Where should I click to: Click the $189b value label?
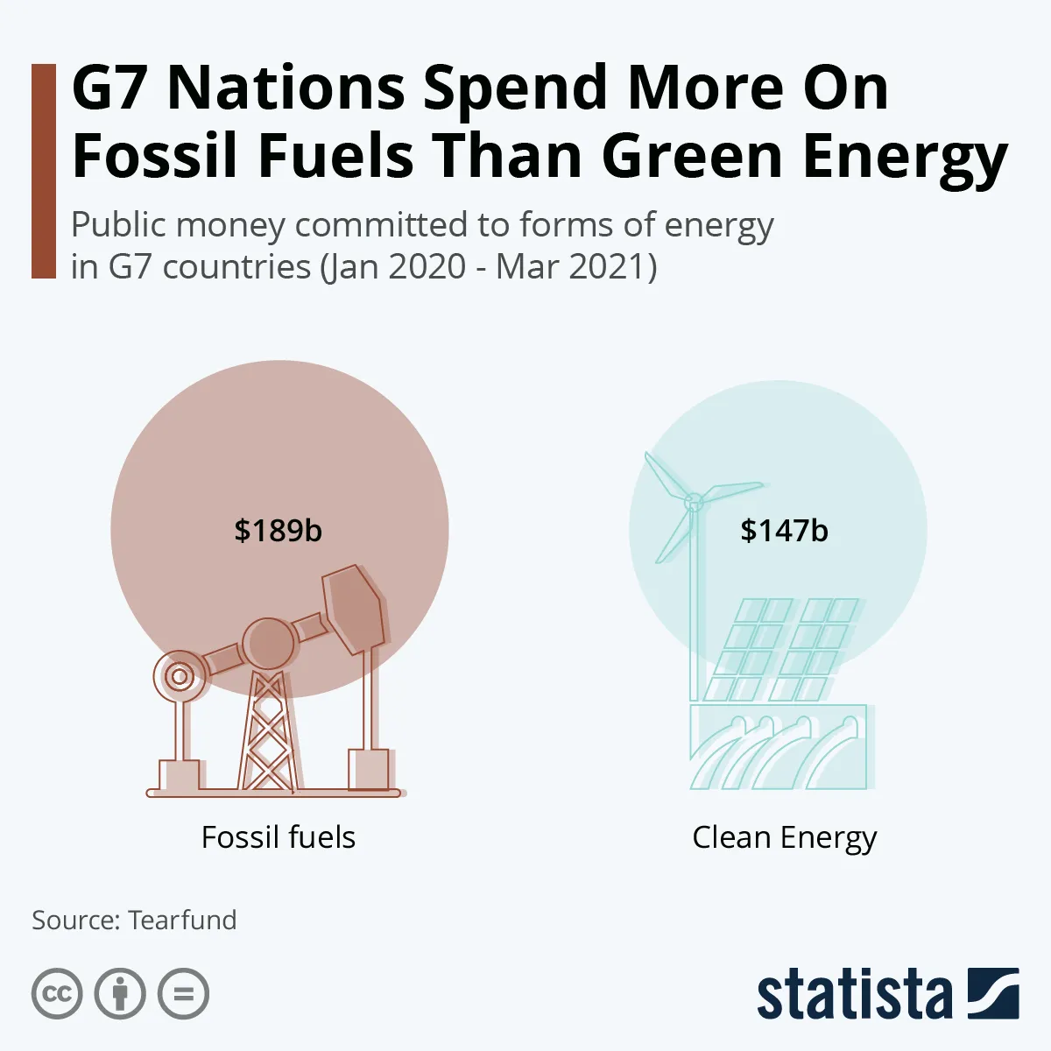(278, 531)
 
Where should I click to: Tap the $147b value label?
(784, 531)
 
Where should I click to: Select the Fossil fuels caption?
(279, 837)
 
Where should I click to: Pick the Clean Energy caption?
(784, 838)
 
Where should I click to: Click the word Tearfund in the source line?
(182, 921)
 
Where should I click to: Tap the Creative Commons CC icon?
(57, 994)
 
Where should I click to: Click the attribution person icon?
(120, 994)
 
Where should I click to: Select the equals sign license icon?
(184, 994)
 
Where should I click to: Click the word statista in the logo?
(854, 995)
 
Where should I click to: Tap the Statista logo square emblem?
(993, 993)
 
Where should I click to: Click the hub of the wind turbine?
(693, 503)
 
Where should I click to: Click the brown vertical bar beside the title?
(43, 171)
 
